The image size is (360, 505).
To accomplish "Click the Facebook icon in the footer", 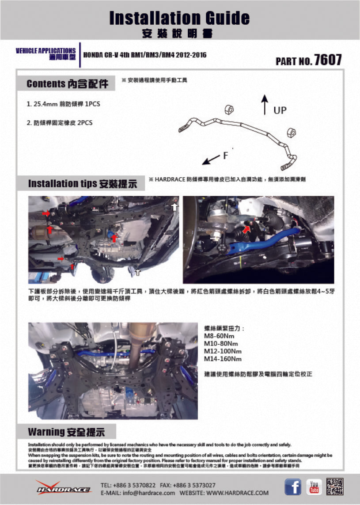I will (293, 487).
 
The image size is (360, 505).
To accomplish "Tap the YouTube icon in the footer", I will (314, 487).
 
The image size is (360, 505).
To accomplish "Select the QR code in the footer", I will (335, 487).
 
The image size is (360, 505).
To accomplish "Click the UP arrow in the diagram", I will (265, 104).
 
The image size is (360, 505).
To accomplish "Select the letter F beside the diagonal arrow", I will (225, 156).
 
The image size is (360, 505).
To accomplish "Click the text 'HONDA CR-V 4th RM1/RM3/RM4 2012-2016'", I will (144, 55).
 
